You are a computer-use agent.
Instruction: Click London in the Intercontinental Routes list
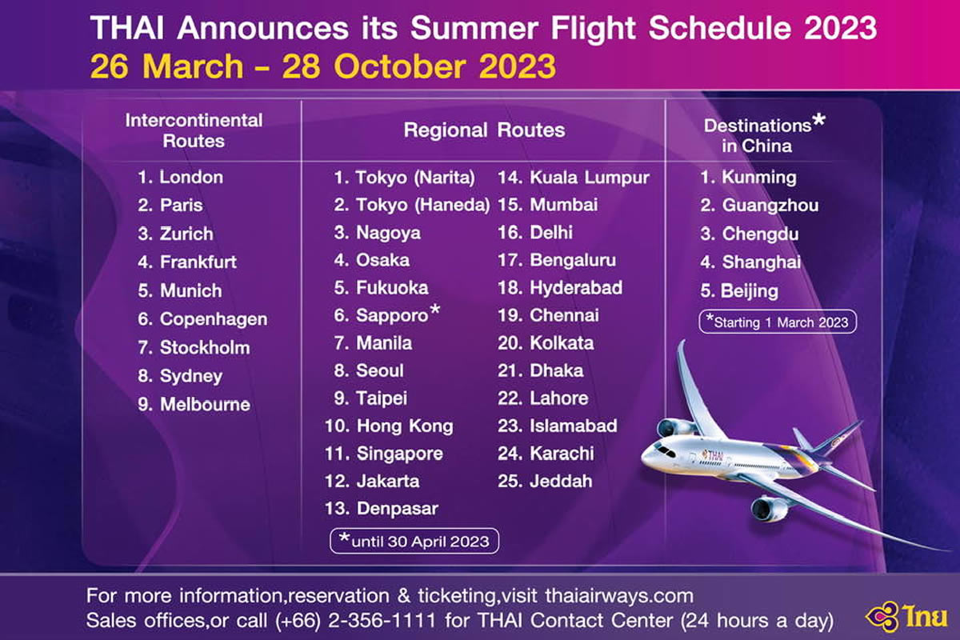pyautogui.click(x=191, y=177)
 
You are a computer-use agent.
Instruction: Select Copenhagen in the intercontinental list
pyautogui.click(x=214, y=319)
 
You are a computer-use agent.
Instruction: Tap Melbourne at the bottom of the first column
pyautogui.click(x=205, y=404)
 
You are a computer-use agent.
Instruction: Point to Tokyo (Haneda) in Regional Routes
pyautogui.click(x=423, y=205)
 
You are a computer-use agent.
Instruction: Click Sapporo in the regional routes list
pyautogui.click(x=392, y=315)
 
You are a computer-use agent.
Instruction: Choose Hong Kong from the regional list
pyautogui.click(x=405, y=426)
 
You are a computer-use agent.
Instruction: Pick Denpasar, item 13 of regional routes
pyautogui.click(x=398, y=509)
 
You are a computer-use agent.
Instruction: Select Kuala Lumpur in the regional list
pyautogui.click(x=590, y=178)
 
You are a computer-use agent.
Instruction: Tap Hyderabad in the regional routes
pyautogui.click(x=576, y=288)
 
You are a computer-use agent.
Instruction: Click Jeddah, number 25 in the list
pyautogui.click(x=561, y=482)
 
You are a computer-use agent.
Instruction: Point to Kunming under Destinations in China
pyautogui.click(x=759, y=178)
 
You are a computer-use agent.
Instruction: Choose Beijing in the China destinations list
pyautogui.click(x=749, y=291)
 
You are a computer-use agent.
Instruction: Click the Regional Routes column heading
pyautogui.click(x=484, y=130)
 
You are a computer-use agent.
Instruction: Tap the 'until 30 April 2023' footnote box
pyautogui.click(x=414, y=541)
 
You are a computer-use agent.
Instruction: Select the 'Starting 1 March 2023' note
pyautogui.click(x=778, y=322)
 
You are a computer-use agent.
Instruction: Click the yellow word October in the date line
pyautogui.click(x=400, y=66)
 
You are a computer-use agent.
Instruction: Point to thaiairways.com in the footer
pyautogui.click(x=619, y=596)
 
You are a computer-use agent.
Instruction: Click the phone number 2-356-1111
pyautogui.click(x=382, y=620)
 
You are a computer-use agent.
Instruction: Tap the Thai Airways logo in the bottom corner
pyautogui.click(x=906, y=617)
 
